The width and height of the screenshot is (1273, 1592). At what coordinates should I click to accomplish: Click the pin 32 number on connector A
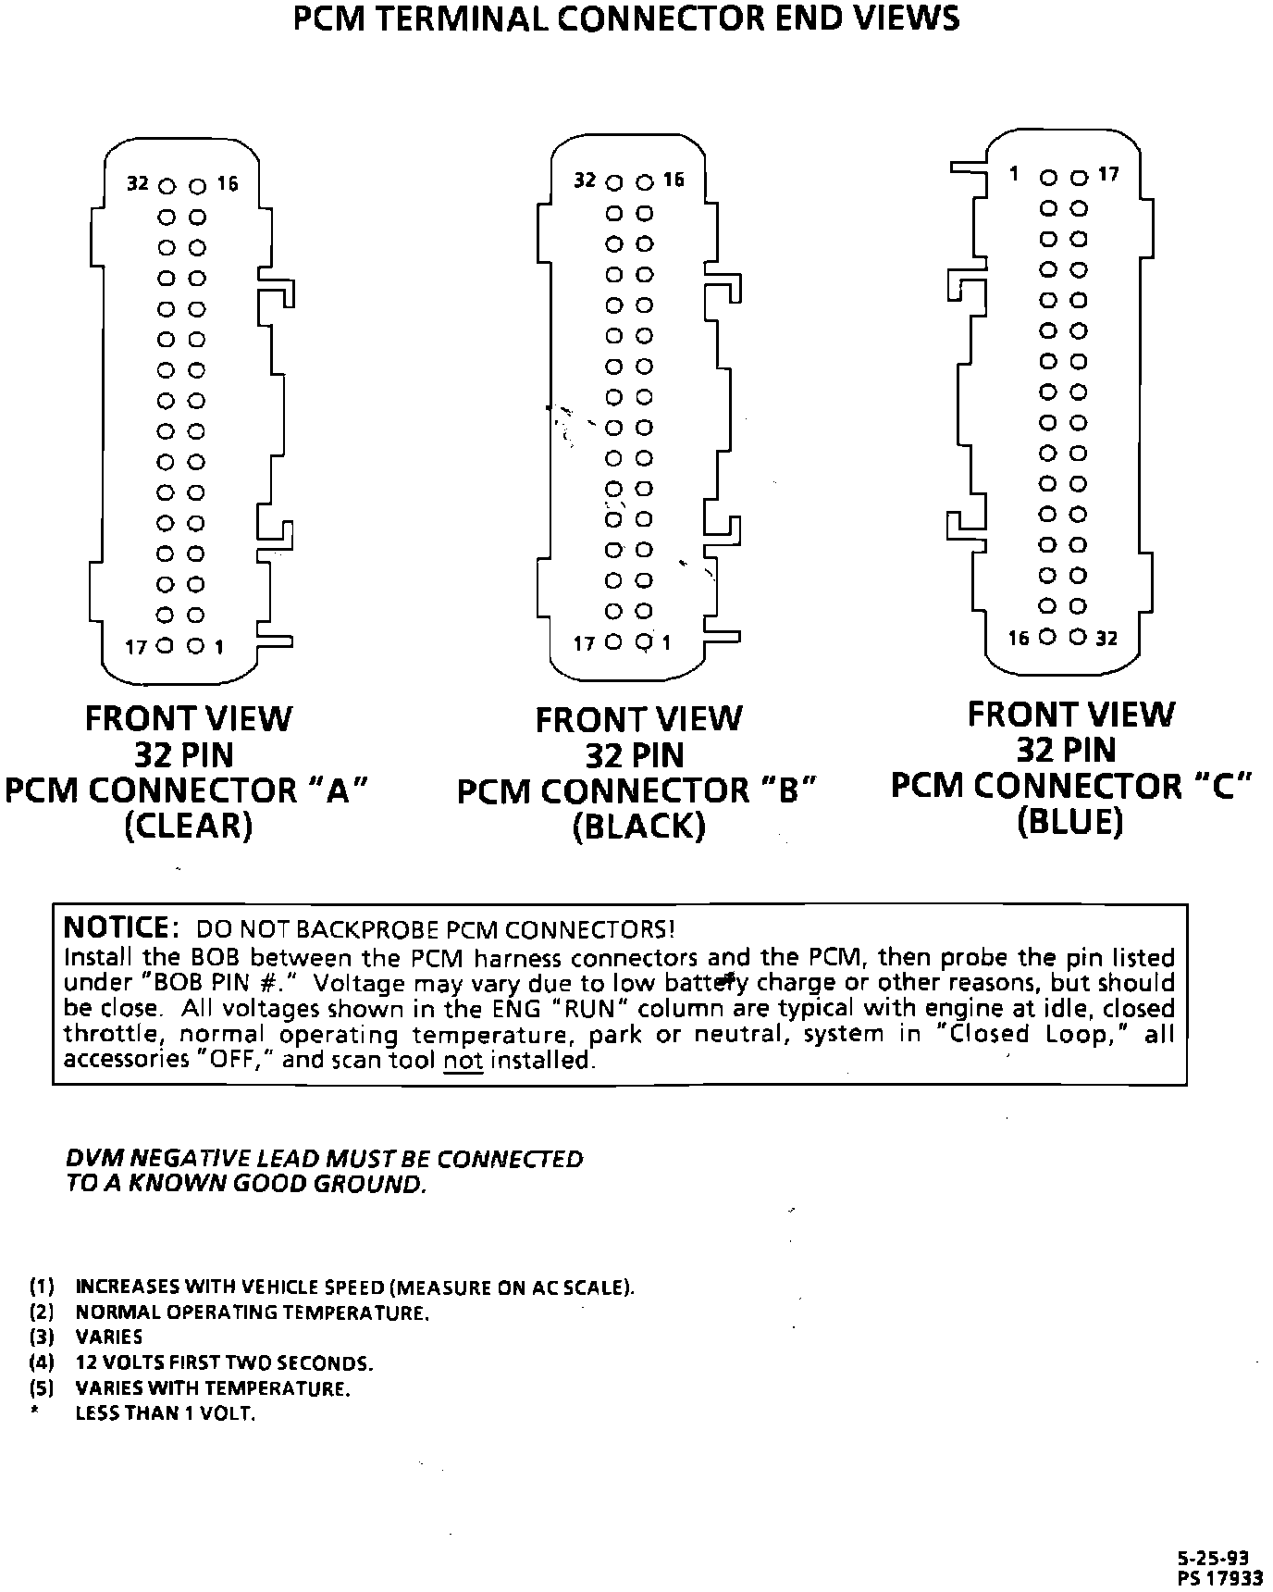pos(138,183)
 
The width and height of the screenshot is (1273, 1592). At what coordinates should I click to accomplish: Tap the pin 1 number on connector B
pos(666,642)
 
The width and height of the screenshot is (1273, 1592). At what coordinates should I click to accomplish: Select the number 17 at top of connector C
pos(1108,174)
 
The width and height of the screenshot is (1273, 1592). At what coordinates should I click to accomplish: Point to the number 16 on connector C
pos(1019,638)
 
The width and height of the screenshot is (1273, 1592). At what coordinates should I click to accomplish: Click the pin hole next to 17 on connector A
pos(166,646)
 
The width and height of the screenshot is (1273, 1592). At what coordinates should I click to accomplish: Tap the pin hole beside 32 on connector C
pos(1078,637)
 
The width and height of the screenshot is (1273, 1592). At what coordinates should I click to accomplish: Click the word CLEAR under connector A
pos(188,826)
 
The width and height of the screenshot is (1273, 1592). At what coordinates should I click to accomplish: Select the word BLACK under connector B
pos(638,826)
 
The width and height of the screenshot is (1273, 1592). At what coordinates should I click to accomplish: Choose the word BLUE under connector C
pos(1069,821)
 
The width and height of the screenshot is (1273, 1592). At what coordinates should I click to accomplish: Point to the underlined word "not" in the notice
pos(463,1060)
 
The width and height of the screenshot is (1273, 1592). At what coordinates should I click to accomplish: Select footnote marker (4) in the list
pos(42,1362)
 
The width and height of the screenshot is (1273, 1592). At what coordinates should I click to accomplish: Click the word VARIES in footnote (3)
pos(109,1337)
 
